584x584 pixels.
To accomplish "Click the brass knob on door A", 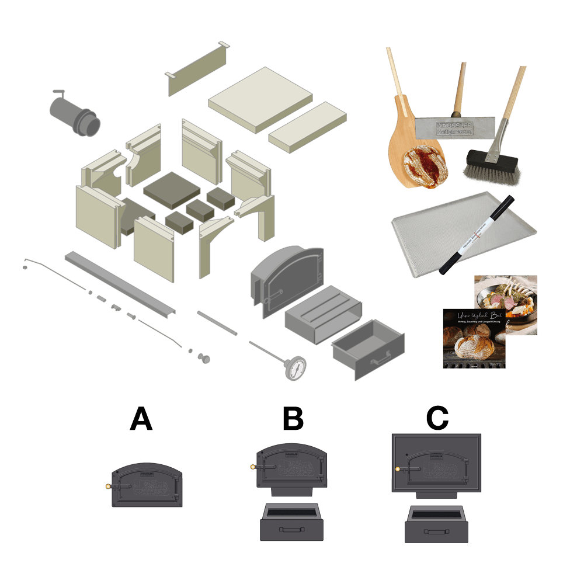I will click(107, 486).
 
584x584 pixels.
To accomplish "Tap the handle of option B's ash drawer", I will click(292, 529).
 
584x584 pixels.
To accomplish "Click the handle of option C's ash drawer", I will click(436, 532).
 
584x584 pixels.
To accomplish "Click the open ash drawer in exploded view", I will click(368, 350).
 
